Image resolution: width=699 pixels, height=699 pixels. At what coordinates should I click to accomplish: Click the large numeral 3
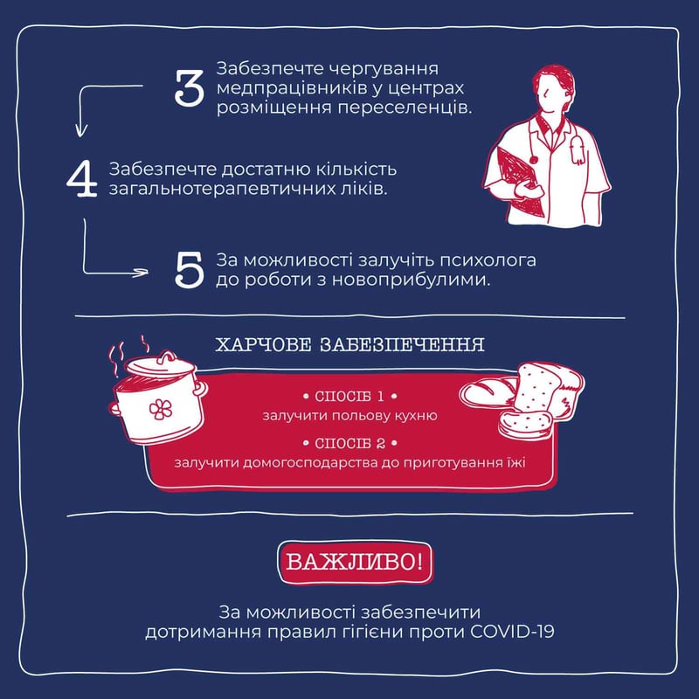pos(190,87)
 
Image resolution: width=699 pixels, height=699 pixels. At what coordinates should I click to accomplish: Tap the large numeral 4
pos(82,179)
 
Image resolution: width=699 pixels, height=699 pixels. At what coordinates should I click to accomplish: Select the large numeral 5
pos(190,270)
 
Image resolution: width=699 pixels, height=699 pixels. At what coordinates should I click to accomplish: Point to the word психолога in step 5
pos(488,260)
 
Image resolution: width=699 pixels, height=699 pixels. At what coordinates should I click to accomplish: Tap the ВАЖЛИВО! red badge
pos(355,562)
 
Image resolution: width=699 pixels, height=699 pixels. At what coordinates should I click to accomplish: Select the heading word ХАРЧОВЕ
pos(264,344)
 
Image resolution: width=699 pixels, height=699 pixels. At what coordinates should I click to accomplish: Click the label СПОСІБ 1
pos(349,397)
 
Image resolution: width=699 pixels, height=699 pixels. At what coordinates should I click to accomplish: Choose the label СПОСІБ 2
pos(349,444)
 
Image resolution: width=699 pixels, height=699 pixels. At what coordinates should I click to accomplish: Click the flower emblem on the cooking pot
pos(161,409)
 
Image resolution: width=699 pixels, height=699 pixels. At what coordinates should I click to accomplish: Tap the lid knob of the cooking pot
pos(168,356)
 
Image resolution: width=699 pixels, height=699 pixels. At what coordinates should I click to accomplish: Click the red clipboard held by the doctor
pos(520,181)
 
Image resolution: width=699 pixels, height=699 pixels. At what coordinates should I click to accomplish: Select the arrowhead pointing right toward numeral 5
pos(142,273)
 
